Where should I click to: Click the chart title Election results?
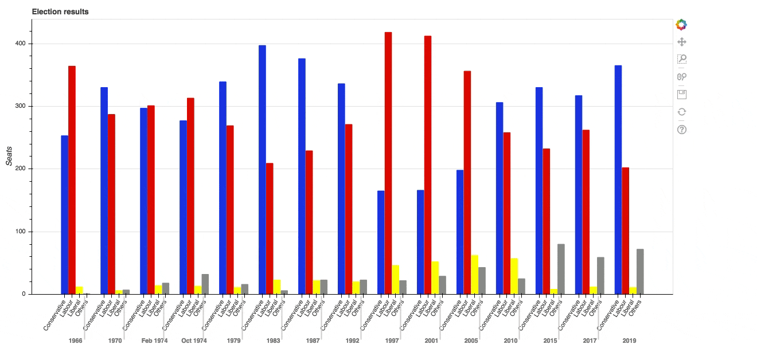click(60, 11)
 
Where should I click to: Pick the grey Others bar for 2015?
click(561, 269)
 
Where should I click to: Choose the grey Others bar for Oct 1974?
click(205, 284)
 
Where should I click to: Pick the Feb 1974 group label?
click(154, 341)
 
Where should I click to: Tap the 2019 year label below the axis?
click(629, 341)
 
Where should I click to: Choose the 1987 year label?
click(313, 341)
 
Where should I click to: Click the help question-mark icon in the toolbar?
click(681, 130)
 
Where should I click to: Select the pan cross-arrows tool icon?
click(681, 42)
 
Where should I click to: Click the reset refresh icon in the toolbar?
click(681, 112)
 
